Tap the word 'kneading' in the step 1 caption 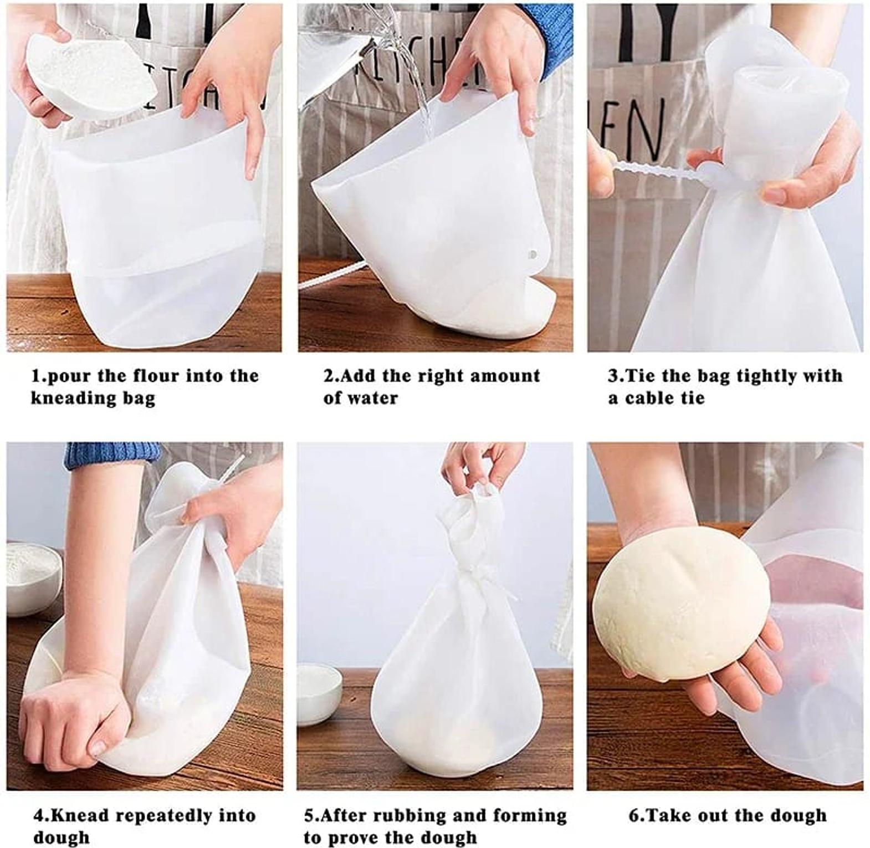pyautogui.click(x=65, y=399)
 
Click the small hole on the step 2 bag pyautogui.click(x=532, y=255)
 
